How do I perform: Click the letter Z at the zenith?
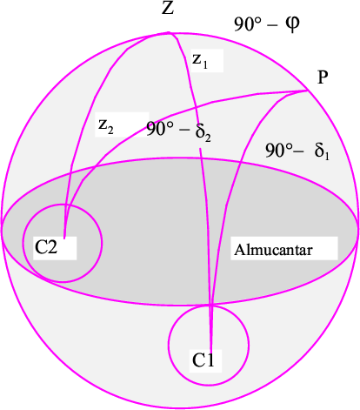(x=168, y=8)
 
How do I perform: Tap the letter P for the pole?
(x=323, y=77)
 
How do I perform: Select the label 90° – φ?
(x=267, y=24)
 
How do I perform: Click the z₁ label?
(x=200, y=61)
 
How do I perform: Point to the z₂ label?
(x=106, y=126)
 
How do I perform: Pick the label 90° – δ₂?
(x=178, y=131)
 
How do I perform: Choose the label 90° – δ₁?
(x=297, y=151)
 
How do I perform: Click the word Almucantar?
(x=273, y=250)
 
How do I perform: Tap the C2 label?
(x=46, y=247)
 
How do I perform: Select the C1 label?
(x=203, y=360)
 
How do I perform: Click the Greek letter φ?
(x=292, y=24)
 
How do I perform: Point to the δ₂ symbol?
(x=203, y=132)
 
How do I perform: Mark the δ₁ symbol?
(x=322, y=151)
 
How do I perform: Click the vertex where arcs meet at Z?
(x=169, y=33)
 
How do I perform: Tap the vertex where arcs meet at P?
(x=308, y=91)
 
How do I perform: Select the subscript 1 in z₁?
(x=205, y=64)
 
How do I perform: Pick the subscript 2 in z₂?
(x=110, y=131)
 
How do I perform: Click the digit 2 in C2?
(x=52, y=247)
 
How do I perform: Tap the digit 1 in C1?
(x=210, y=360)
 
